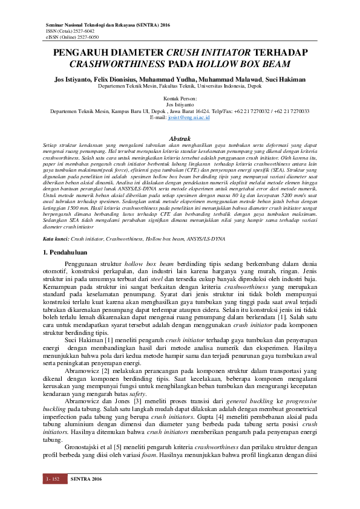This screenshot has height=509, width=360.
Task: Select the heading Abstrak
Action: click(x=180, y=139)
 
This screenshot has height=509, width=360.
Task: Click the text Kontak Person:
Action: click(x=180, y=97)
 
